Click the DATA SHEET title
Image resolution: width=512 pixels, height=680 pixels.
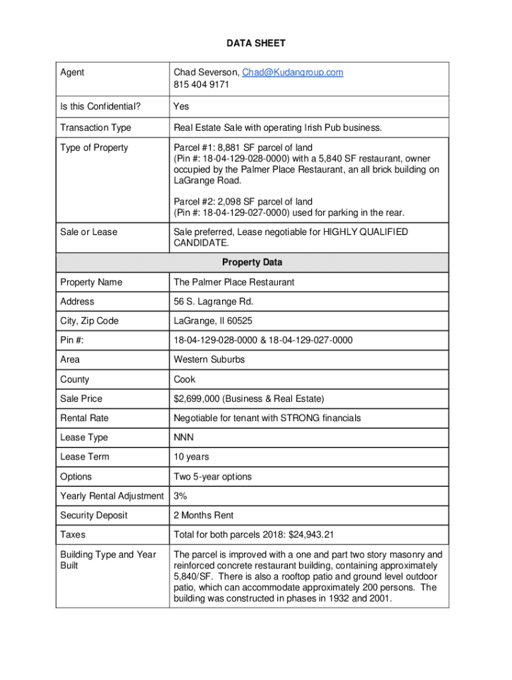[x=256, y=43]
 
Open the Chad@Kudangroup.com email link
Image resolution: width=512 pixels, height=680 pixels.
[x=293, y=72]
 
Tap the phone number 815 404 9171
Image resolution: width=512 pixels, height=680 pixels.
[x=201, y=85]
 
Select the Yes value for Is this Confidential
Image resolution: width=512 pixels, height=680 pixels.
[x=182, y=106]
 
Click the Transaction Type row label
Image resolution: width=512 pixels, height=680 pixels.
[x=96, y=127]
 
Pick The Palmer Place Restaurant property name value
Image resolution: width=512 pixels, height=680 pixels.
[x=233, y=282]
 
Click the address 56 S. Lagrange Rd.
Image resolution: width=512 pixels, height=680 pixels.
[x=213, y=301]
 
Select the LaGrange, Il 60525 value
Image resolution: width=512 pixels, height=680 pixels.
[x=213, y=321]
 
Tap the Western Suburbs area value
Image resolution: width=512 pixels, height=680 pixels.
[x=209, y=359]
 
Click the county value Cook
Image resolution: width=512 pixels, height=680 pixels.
[x=184, y=379]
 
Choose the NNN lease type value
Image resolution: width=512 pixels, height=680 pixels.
[x=184, y=438]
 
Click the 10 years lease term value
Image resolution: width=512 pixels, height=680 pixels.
[x=192, y=457]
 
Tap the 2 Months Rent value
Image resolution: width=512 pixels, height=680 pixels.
[x=203, y=515]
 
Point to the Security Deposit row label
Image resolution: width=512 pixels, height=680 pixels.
[x=94, y=515]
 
